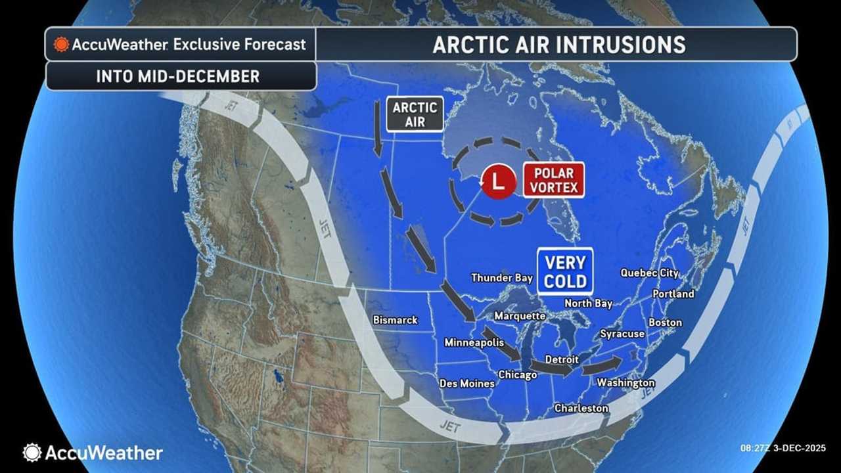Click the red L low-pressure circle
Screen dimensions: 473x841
tap(499, 181)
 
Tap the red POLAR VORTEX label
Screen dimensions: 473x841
tap(553, 181)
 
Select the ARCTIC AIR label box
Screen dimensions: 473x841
tap(414, 114)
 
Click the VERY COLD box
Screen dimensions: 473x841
tap(565, 271)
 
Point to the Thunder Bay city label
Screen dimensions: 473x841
tap(502, 278)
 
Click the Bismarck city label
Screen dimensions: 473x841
tap(395, 320)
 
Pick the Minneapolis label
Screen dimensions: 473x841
tap(474, 342)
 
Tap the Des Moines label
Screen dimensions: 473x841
tap(466, 383)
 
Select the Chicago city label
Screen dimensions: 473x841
tap(517, 374)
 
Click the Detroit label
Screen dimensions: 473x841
tap(562, 359)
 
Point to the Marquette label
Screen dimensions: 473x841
tap(520, 316)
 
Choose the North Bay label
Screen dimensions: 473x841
tap(588, 303)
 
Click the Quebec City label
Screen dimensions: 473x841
tap(649, 273)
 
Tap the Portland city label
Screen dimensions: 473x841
tap(673, 294)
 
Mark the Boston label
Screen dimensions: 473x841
tap(665, 323)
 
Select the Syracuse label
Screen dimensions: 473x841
tap(622, 334)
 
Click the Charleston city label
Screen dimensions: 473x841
tap(581, 408)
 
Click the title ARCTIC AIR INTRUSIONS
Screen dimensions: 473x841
tap(558, 45)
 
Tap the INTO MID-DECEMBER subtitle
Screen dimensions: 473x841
tap(178, 76)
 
